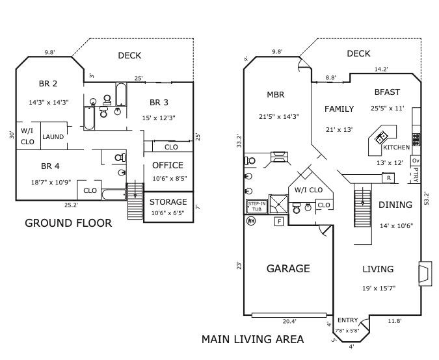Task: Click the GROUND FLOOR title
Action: (68, 223)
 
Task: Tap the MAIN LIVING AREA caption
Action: (252, 339)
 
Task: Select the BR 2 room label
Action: (48, 83)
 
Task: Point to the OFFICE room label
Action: (168, 165)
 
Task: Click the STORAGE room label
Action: (168, 202)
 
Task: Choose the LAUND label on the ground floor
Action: (53, 137)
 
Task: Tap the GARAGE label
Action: (288, 268)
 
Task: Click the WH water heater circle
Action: (251, 221)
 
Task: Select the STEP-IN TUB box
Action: (256, 207)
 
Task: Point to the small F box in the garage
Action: (279, 222)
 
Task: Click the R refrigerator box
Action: (388, 177)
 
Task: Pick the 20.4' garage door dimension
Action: (289, 321)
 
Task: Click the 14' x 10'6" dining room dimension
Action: (395, 225)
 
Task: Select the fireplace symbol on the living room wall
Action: (424, 272)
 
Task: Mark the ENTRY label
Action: (347, 320)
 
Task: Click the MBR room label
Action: (276, 95)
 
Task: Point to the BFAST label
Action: (387, 92)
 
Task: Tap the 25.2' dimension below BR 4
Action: (71, 205)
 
